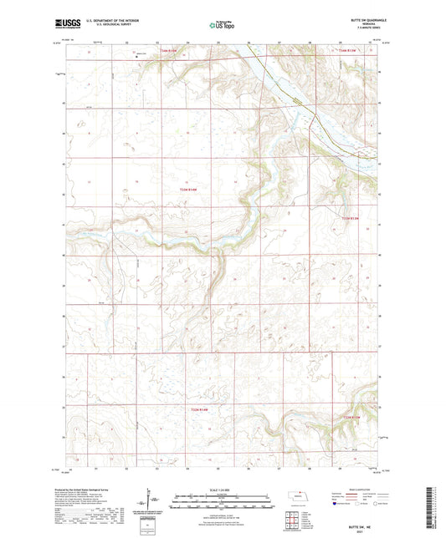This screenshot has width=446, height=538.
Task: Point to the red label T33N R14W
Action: (x=192, y=191)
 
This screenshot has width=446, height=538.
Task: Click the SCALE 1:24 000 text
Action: (x=222, y=490)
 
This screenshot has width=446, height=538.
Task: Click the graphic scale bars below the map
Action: (x=222, y=503)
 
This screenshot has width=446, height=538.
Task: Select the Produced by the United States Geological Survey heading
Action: (x=91, y=490)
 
